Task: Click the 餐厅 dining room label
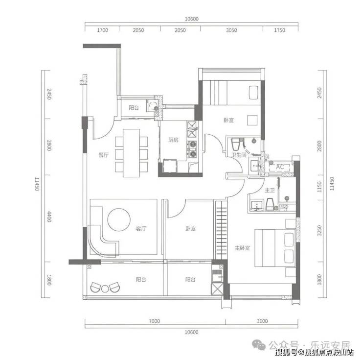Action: tap(103, 155)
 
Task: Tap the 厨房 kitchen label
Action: tap(173, 140)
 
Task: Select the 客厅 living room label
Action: tap(141, 229)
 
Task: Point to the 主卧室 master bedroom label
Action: tap(243, 248)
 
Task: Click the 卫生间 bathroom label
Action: tap(239, 154)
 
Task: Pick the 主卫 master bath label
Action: tap(270, 191)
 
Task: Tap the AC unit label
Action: tap(280, 167)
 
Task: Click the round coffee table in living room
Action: tap(119, 219)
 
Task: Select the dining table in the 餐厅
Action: tap(132, 153)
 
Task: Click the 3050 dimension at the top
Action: tap(231, 30)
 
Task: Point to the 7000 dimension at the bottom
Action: tap(154, 321)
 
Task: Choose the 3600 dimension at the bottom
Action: tap(262, 321)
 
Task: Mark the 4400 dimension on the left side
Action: tap(49, 216)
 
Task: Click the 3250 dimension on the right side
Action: tap(319, 231)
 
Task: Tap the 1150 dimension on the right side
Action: tap(319, 187)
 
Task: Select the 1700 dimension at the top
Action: tap(103, 30)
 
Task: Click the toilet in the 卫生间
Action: tap(236, 144)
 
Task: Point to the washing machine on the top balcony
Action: tap(152, 106)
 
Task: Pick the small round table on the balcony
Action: tap(105, 289)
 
